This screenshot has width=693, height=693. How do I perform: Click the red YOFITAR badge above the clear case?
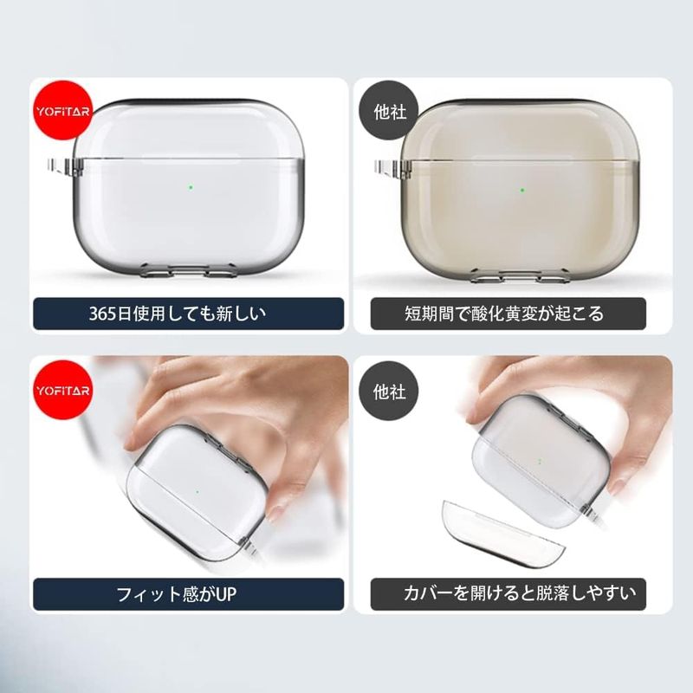click(63, 111)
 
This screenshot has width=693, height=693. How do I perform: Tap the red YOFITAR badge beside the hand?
click(63, 391)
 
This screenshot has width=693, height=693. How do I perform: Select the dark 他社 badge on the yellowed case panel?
click(389, 112)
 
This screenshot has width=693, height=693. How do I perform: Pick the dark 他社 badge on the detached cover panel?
click(389, 392)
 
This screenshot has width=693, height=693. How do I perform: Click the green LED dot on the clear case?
click(191, 187)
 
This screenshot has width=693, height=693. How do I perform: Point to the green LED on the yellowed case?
click(522, 191)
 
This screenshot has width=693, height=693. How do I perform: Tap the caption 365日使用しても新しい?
click(178, 314)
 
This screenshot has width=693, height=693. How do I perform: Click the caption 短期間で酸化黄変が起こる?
click(504, 314)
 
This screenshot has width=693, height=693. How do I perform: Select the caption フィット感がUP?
click(177, 594)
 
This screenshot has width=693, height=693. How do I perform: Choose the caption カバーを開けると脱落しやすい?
click(519, 593)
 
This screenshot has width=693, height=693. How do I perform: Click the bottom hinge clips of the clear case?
click(187, 270)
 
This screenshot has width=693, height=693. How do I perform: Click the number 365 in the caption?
click(102, 314)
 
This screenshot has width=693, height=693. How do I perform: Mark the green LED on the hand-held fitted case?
click(198, 491)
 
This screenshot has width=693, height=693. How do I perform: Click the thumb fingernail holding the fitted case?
click(275, 511)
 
